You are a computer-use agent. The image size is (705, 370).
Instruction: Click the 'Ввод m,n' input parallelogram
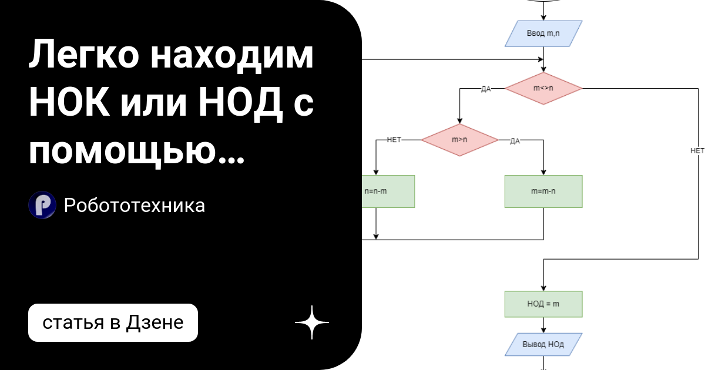click(543, 33)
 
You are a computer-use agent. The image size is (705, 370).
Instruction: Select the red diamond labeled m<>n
click(543, 89)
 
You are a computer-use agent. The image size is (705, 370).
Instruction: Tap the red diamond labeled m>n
click(459, 140)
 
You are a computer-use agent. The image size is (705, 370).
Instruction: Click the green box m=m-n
click(543, 191)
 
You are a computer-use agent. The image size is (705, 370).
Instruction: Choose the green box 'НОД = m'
click(543, 304)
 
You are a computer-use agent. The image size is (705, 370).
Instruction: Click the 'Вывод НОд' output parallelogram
click(543, 344)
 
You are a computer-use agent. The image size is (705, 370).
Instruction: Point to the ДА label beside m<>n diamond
click(486, 89)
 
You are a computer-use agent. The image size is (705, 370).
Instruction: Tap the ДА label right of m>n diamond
click(515, 141)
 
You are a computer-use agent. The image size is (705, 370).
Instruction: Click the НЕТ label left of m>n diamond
click(394, 140)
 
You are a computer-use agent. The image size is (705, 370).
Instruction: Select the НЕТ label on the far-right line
click(697, 151)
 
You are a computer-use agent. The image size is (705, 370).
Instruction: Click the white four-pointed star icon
click(311, 322)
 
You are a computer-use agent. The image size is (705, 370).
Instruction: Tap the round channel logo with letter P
click(42, 206)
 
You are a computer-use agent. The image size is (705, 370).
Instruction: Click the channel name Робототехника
click(135, 206)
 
